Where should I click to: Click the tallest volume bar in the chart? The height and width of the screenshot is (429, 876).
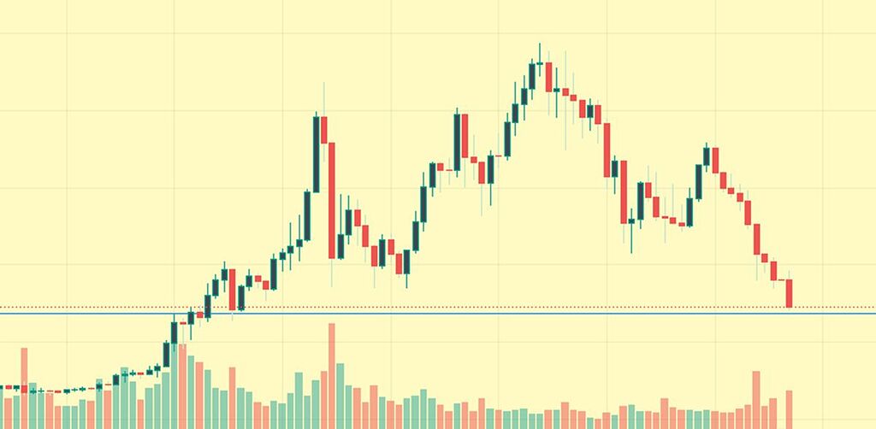pos(332,376)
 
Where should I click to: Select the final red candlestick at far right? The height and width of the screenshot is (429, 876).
pos(790,293)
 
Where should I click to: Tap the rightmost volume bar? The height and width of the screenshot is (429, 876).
pos(790,409)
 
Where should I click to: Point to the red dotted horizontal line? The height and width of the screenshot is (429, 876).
pos(513,307)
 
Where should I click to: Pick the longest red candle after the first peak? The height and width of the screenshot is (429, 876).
pos(332,200)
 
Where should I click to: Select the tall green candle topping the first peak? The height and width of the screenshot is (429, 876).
pos(316,154)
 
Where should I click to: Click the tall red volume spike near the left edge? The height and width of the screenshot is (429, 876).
pos(24,388)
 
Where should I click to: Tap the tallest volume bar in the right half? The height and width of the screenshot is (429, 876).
pos(756,399)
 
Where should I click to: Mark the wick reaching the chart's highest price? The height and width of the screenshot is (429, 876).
pos(540,51)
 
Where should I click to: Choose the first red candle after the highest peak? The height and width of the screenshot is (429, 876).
pos(548,77)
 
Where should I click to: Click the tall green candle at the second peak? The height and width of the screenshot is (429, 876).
pos(458,141)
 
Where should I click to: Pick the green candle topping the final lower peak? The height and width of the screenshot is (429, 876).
pos(707,156)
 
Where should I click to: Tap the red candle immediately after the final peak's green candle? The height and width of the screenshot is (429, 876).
pos(715,161)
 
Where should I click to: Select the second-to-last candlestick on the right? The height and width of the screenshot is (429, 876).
pos(781,279)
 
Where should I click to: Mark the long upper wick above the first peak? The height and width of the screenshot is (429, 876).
pos(323,97)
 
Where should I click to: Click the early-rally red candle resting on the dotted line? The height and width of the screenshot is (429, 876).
pos(232,290)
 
